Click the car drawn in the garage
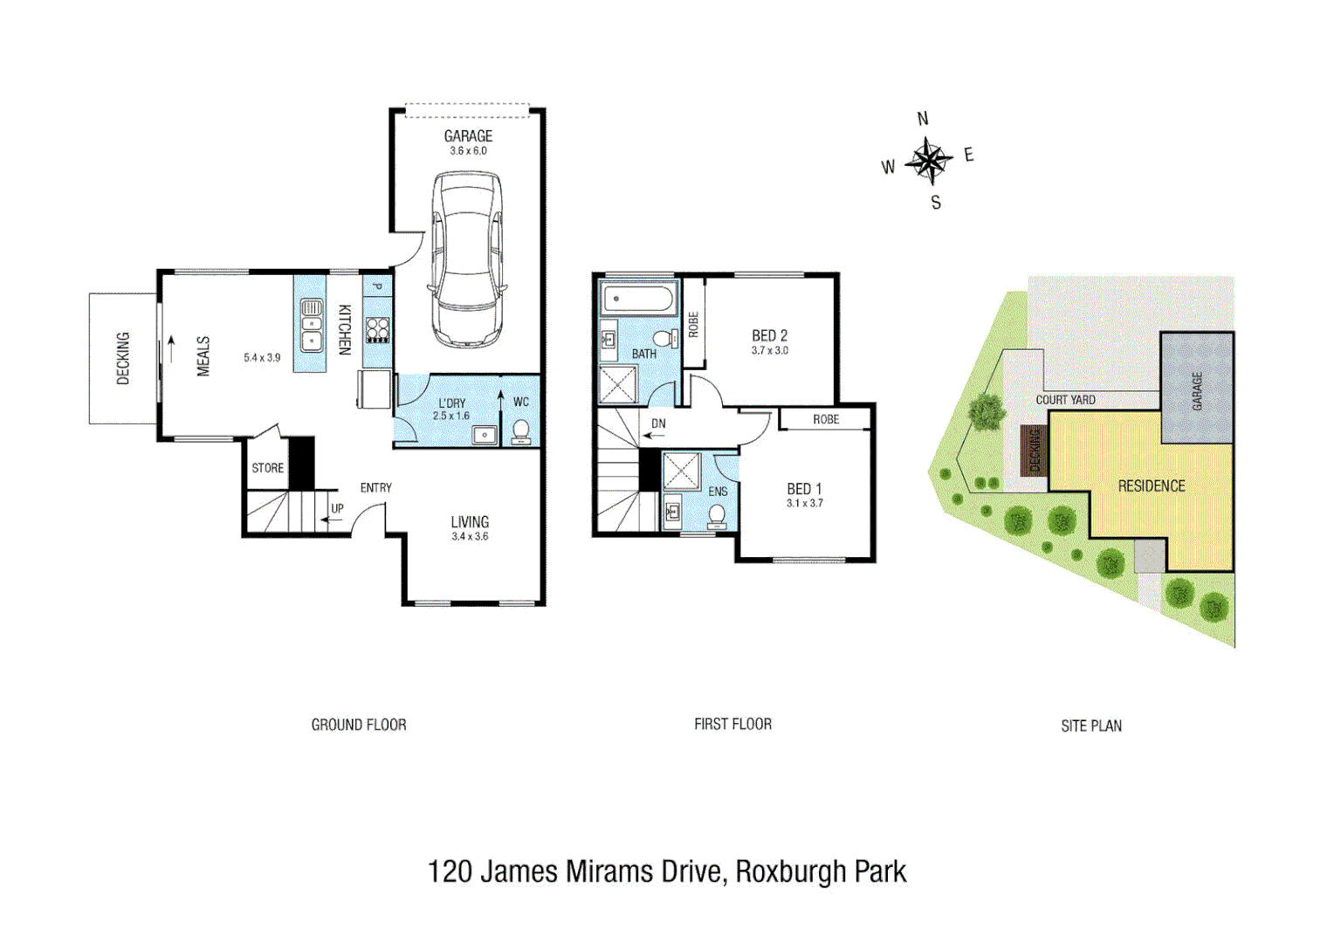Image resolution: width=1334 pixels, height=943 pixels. click(x=467, y=259)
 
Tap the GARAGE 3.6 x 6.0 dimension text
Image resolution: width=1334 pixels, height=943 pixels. click(x=468, y=151)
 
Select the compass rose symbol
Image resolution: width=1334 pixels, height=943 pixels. click(x=928, y=161)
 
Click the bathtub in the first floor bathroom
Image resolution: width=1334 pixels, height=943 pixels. click(x=638, y=299)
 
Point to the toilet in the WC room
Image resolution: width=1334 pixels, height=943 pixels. click(x=520, y=431)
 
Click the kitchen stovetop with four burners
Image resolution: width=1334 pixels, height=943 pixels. click(x=377, y=329)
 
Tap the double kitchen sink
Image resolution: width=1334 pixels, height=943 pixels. click(x=311, y=325)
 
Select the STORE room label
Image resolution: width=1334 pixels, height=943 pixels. click(x=267, y=468)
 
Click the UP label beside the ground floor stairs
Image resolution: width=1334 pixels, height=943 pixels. click(x=337, y=508)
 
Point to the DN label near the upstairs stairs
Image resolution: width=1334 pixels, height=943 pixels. click(x=658, y=423)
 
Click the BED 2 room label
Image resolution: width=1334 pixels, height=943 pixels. click(x=769, y=335)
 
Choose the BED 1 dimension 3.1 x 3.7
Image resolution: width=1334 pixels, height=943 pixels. click(x=804, y=504)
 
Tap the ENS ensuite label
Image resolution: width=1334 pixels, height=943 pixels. click(x=718, y=492)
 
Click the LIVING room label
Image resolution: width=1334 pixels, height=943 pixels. click(x=470, y=521)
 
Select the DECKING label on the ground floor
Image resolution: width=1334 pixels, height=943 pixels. click(x=123, y=358)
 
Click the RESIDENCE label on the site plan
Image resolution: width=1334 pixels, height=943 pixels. click(x=1151, y=486)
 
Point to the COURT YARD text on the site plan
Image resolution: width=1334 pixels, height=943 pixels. click(x=1065, y=400)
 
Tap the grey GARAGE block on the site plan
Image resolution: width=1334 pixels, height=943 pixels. click(x=1196, y=389)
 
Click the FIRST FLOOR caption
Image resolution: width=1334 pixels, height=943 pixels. click(x=732, y=724)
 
